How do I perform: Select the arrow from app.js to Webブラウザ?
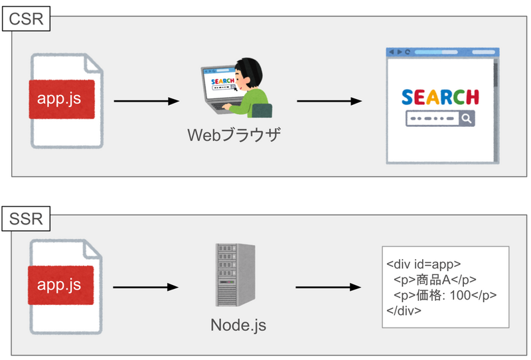tap(147, 102)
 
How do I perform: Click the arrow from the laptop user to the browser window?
tap(329, 102)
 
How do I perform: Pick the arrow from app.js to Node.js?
tap(147, 288)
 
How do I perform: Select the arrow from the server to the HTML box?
tap(328, 288)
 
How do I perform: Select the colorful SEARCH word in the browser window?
tap(441, 97)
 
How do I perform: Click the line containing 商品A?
tap(435, 279)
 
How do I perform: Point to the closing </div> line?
tap(404, 311)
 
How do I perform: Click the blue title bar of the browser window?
tap(442, 52)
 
